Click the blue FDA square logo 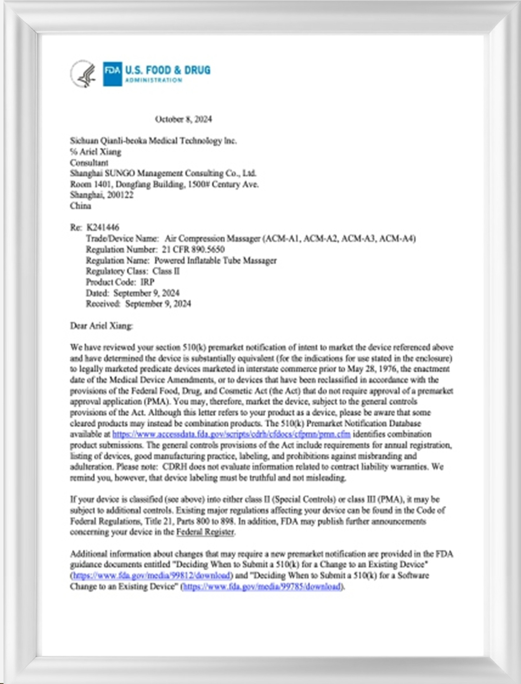(x=112, y=73)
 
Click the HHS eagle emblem (x=83, y=73)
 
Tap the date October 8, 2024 (x=183, y=119)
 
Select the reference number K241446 (x=103, y=227)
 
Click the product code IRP (x=147, y=282)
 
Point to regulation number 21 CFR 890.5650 (x=193, y=249)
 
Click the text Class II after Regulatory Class (x=166, y=271)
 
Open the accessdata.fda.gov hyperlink (x=231, y=434)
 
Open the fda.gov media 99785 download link (x=262, y=586)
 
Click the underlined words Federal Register (x=205, y=532)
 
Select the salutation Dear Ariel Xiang (x=101, y=326)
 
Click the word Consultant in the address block (x=89, y=163)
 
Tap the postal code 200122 (x=120, y=195)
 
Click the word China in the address (x=81, y=206)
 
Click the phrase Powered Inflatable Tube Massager (x=215, y=260)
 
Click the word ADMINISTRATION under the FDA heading (x=153, y=80)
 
